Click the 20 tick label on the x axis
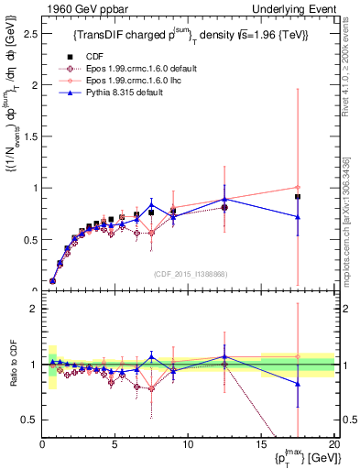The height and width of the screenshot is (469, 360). [x=333, y=444]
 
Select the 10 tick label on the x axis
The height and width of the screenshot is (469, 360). [x=188, y=444]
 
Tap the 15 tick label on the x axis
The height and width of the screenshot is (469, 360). [x=261, y=444]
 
